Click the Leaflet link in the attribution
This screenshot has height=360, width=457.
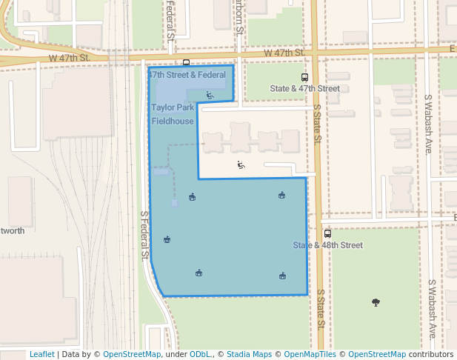pos(41,354)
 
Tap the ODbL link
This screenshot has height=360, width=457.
pos(199,354)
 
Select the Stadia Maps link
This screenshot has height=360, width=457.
pos(249,354)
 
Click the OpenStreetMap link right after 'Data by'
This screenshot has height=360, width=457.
pos(132,354)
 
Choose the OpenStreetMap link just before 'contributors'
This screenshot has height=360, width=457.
pos(377,354)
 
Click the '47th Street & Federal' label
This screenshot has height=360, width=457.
pos(187,75)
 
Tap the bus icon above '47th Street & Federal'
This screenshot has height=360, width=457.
pos(186,63)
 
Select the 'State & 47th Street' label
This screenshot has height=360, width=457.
pos(304,88)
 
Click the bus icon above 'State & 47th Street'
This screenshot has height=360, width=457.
pos(304,77)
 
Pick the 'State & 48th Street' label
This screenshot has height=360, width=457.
pos(327,245)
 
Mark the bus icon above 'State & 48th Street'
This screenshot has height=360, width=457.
pos(327,233)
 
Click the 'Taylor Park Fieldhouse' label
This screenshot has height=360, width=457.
pos(173,114)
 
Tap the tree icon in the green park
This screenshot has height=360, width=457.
pos(376,302)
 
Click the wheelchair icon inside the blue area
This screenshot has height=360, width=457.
pos(210,95)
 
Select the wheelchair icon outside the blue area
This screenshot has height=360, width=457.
pos(241,164)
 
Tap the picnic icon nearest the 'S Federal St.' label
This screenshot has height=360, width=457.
pos(167,239)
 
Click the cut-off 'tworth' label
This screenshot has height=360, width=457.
pos(12,230)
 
